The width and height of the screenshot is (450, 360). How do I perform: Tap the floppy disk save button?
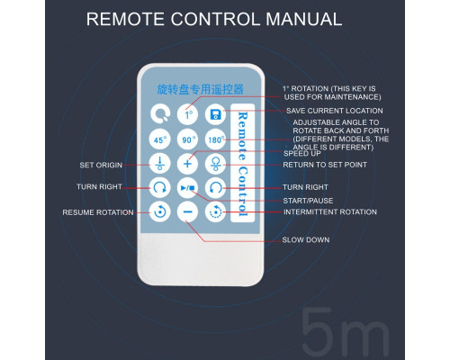[x=215, y=114]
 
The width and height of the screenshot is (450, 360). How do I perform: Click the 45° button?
[x=160, y=139]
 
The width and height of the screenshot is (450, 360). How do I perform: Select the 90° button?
[x=187, y=139]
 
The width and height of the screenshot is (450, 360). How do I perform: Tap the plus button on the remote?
[x=187, y=164]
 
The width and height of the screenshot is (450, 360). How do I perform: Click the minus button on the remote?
[x=187, y=211]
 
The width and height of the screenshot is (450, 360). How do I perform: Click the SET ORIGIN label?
[x=101, y=165]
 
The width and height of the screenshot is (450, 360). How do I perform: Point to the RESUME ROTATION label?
[x=98, y=212]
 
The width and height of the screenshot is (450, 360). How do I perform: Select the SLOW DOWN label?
[x=306, y=239]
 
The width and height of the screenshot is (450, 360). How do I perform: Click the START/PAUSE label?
[x=308, y=201]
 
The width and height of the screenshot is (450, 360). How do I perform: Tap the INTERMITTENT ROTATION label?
[x=330, y=211]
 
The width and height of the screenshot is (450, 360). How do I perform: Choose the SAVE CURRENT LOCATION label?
[x=335, y=111]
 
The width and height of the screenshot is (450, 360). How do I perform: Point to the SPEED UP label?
[x=302, y=153]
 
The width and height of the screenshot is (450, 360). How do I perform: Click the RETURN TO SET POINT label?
[x=325, y=165]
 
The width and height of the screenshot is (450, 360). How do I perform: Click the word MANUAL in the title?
[x=304, y=19]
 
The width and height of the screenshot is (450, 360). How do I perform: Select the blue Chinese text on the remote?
[x=200, y=89]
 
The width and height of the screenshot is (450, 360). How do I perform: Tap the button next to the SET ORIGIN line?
[x=160, y=164]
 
